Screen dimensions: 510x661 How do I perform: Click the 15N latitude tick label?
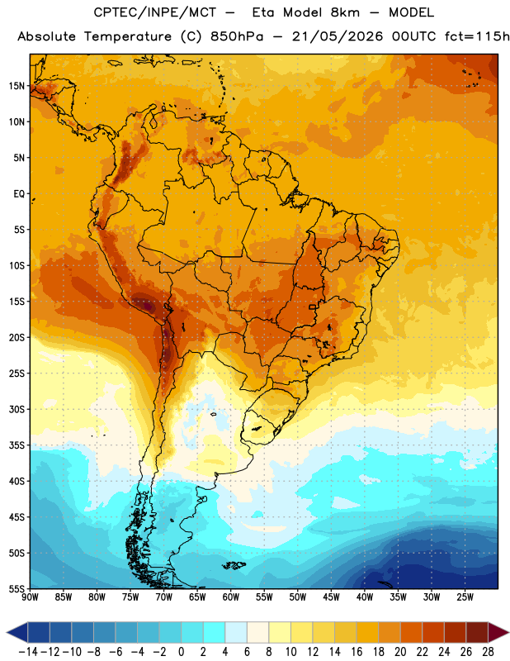coord(17,86)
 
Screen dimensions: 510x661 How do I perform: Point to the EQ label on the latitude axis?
coord(19,194)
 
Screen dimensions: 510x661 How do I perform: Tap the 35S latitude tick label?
coord(17,445)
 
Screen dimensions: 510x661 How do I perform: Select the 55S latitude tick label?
coord(17,588)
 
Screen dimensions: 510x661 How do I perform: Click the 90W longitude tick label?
coord(30,597)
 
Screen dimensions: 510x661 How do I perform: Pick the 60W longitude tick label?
coord(231,597)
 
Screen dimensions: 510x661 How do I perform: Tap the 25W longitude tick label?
coord(465,597)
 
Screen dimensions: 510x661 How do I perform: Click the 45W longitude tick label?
coord(332,597)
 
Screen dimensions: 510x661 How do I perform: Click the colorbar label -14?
coord(28,652)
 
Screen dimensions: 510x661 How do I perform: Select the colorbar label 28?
coord(488,652)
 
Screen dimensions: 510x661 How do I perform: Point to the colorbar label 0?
coord(181,652)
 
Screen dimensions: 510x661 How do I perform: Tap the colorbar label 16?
coord(357,652)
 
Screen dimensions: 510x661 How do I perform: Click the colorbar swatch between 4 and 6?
coord(236,633)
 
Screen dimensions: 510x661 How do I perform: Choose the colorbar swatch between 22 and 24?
coord(433,633)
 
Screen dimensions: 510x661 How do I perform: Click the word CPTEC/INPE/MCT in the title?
coord(154,12)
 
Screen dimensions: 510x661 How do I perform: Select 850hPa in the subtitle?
coord(237,36)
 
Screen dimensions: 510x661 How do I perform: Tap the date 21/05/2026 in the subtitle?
coord(338,36)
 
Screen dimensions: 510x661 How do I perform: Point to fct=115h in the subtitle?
coord(477,36)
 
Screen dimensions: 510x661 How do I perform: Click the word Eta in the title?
coord(264,12)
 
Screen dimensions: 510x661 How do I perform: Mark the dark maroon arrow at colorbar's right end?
coord(498,633)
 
